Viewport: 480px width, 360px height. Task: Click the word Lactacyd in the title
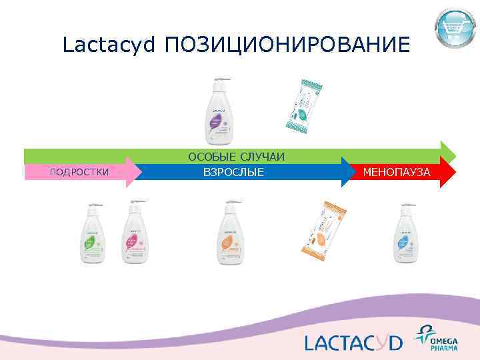click(x=109, y=45)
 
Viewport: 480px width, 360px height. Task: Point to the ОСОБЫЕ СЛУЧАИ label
click(x=236, y=156)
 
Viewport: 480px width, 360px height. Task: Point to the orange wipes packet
click(x=319, y=230)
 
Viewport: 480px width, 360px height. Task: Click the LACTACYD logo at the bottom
click(x=353, y=342)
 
